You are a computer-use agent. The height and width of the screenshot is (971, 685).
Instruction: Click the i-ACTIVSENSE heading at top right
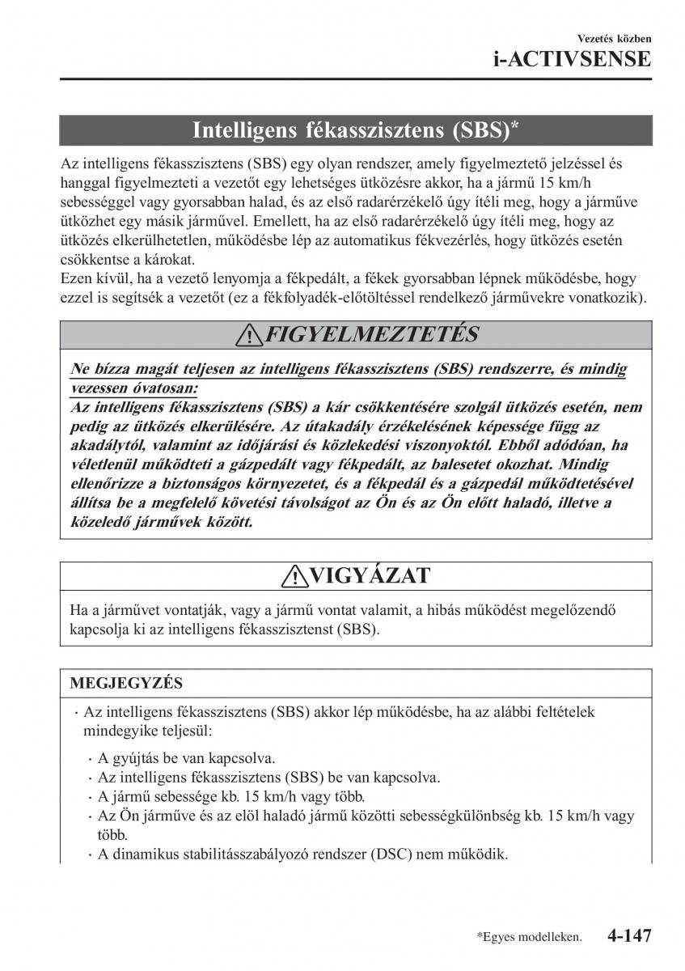571,59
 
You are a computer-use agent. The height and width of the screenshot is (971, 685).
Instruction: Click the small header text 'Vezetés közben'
614,38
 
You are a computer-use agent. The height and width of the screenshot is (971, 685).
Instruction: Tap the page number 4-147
628,936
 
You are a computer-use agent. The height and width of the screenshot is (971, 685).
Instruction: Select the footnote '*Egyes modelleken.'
530,938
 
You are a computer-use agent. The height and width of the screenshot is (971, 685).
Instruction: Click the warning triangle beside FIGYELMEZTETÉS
252,335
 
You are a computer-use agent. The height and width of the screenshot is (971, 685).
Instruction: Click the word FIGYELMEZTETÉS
371,334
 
